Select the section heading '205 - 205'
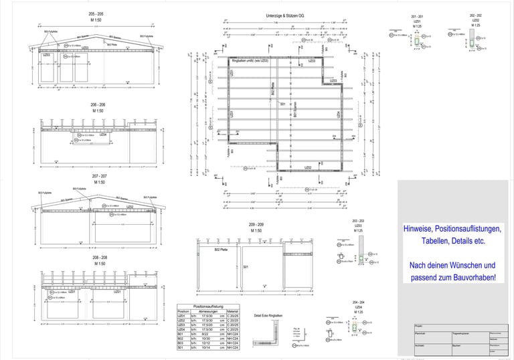tap(96, 14)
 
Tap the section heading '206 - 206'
tap(98, 105)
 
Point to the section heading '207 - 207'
tap(99, 176)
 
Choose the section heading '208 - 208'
tap(99, 257)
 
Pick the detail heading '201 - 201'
tap(416, 16)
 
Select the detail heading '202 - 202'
tap(475, 15)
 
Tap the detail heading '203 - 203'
tap(359, 221)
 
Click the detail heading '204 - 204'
tap(359, 302)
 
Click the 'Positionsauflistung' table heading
tap(208, 306)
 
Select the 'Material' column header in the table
tap(233, 311)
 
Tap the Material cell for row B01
tap(233, 335)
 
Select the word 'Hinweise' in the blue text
tap(419, 229)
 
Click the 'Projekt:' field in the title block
tap(420, 326)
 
